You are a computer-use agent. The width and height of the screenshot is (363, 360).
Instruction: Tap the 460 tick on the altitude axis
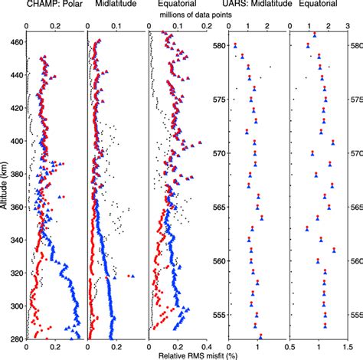tap(15, 42)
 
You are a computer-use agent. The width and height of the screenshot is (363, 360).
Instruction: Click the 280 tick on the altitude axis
tap(15, 338)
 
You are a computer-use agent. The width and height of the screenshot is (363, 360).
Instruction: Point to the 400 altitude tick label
tap(15, 141)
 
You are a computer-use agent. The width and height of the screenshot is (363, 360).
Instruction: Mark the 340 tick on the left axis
tap(15, 239)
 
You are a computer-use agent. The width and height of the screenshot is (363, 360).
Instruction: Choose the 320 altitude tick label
tap(15, 272)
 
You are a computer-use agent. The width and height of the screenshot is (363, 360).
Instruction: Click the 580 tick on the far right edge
tap(355, 45)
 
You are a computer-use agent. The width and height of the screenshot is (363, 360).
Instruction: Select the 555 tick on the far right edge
tap(355, 315)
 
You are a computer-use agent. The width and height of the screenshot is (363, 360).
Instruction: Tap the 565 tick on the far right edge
tap(355, 207)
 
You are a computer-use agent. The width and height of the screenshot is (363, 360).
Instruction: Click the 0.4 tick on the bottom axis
tap(208, 346)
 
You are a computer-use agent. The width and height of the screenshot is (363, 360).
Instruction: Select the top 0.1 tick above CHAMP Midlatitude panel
tap(116, 25)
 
